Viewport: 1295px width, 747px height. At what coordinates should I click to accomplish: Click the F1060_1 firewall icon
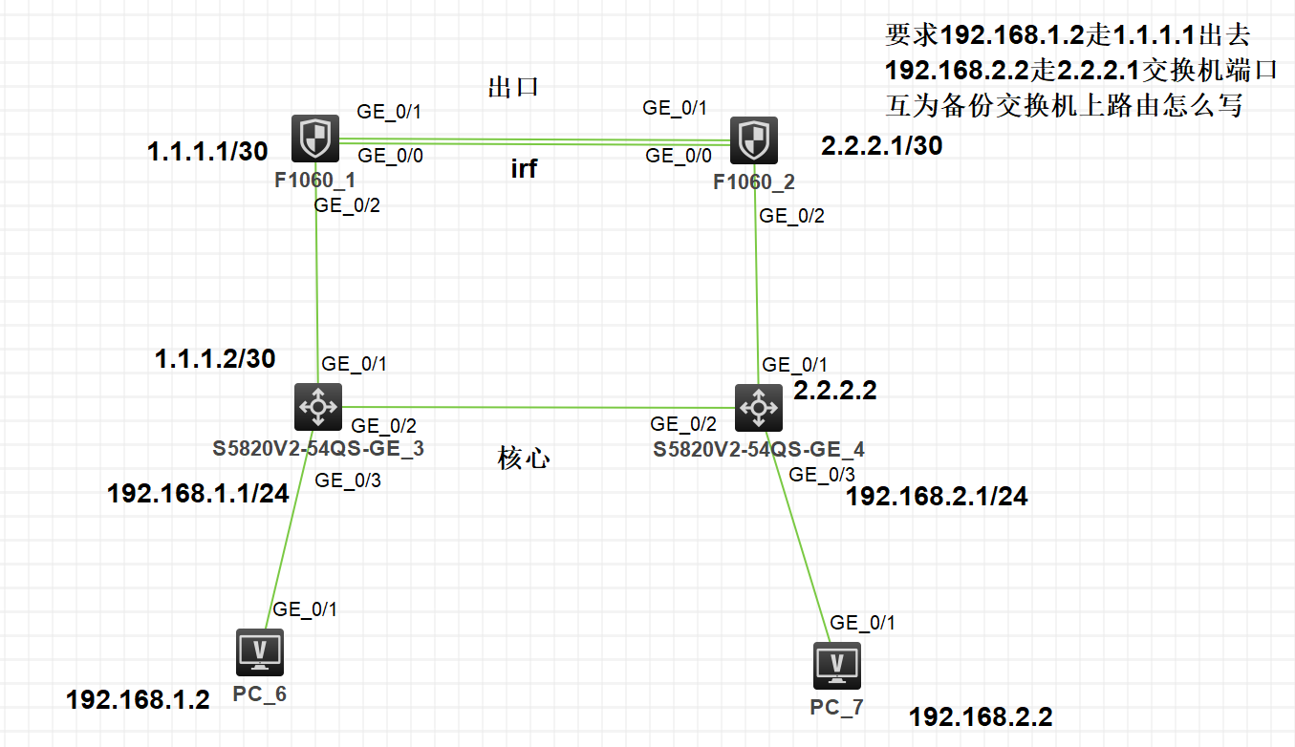tap(314, 140)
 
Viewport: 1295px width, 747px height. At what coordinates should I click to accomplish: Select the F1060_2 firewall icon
tap(754, 141)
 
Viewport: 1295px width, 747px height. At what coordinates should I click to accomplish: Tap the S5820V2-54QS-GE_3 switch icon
tap(317, 407)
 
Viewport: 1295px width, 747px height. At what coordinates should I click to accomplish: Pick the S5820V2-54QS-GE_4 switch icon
tap(759, 408)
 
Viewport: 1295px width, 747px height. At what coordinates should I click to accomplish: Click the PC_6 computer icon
tap(259, 652)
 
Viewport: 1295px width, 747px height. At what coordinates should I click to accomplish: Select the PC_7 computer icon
tap(837, 665)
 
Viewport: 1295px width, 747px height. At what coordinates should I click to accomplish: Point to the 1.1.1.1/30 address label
tap(205, 151)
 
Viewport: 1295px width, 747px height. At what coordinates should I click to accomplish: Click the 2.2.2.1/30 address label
tap(881, 145)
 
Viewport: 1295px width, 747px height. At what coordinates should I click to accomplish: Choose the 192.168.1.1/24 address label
tap(198, 494)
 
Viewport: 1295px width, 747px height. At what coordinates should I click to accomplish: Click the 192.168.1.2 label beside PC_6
tap(138, 700)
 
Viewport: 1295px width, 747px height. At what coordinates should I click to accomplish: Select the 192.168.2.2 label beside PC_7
tap(981, 716)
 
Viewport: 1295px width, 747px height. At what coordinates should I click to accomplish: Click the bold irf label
tap(524, 169)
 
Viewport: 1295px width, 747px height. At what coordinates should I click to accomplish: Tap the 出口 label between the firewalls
tap(514, 88)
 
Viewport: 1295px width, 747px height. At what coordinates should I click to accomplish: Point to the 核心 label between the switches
tap(524, 458)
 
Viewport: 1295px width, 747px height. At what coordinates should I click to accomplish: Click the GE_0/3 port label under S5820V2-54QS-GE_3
tap(348, 480)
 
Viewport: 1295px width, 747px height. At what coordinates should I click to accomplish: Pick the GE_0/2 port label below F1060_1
tap(348, 204)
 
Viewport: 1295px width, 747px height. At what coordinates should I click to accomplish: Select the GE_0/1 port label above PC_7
tap(863, 623)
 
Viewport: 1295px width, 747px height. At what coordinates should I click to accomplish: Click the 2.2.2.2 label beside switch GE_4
tap(835, 390)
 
